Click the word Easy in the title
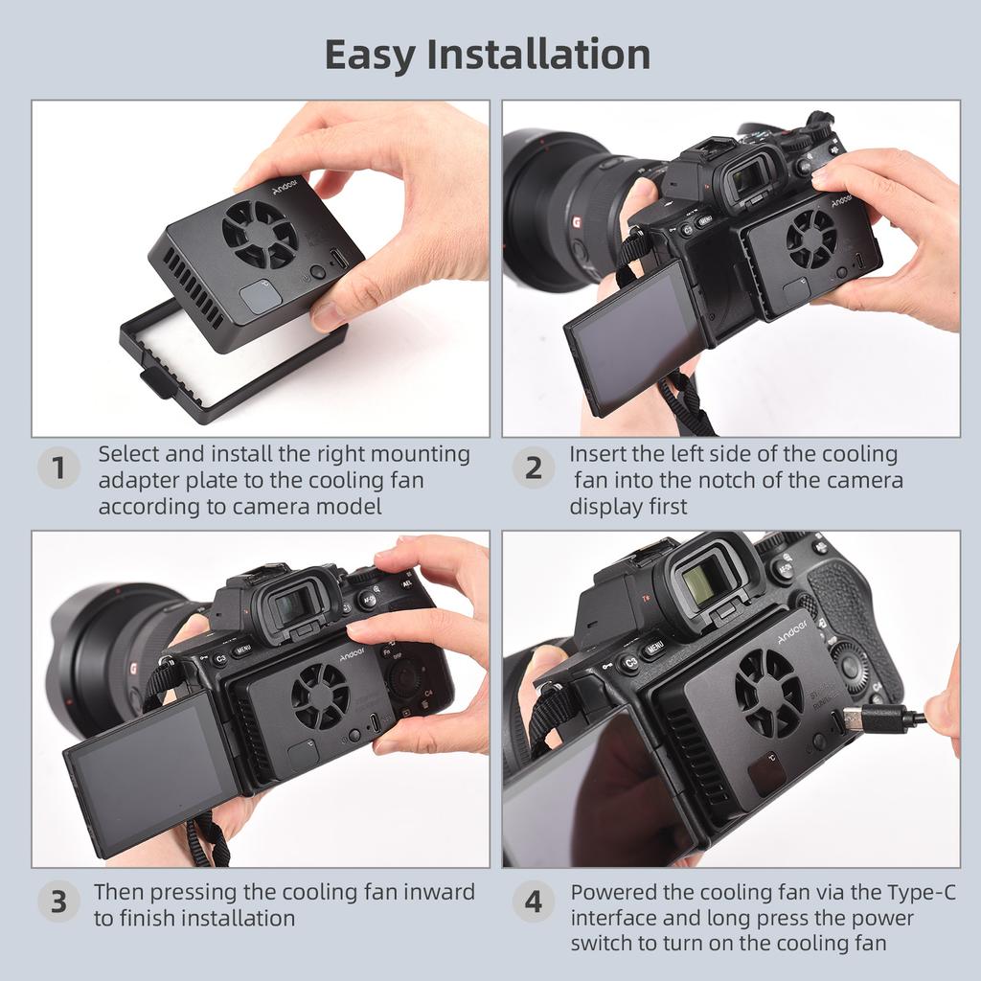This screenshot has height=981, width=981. tap(371, 55)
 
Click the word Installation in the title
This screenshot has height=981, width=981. tap(538, 55)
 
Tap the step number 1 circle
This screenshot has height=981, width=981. tap(58, 468)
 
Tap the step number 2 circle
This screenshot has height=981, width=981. tap(533, 468)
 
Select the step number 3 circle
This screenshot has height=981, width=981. tap(58, 902)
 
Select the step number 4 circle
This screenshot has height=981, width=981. tap(533, 902)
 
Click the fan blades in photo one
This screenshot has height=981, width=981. tap(260, 233)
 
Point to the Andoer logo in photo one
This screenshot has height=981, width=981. tap(285, 186)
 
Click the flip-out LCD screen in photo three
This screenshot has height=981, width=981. tap(148, 771)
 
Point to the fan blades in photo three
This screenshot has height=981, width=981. tap(320, 696)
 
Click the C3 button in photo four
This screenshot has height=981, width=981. tap(629, 662)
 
